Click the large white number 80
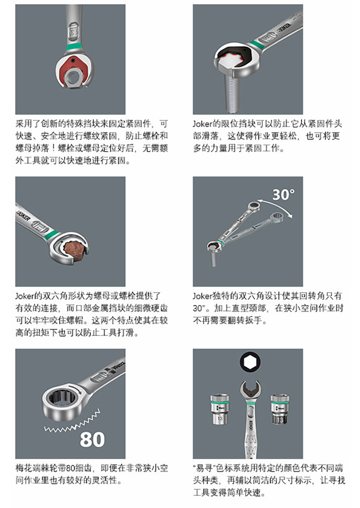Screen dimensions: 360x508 click(x=92, y=439)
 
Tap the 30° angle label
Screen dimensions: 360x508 click(x=283, y=195)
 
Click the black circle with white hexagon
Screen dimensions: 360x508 click(x=250, y=362)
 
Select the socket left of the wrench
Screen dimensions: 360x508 click(x=220, y=409)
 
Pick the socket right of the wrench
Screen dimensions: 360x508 click(x=280, y=409)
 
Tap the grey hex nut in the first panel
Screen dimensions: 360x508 click(x=74, y=78)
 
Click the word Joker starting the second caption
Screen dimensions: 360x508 click(x=202, y=124)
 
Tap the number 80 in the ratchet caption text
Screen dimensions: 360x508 click(x=71, y=468)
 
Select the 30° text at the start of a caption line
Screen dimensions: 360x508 click(x=199, y=308)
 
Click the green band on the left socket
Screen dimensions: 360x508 click(x=220, y=402)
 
